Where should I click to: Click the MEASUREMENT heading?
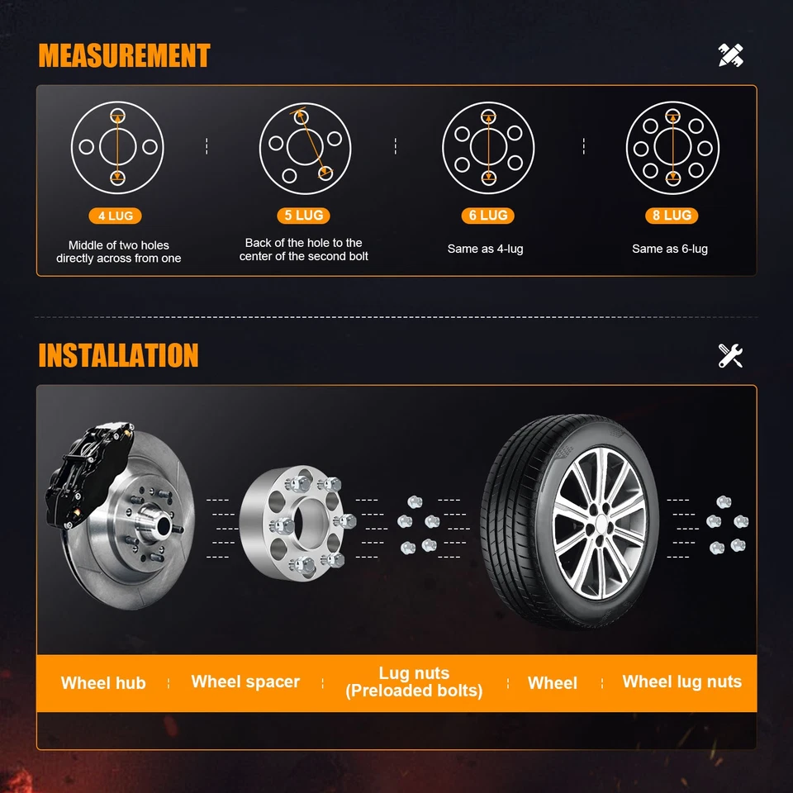(x=124, y=56)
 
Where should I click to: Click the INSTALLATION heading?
(x=118, y=355)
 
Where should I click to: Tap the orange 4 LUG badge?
(x=116, y=216)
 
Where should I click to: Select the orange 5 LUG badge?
(x=304, y=216)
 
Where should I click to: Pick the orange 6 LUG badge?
(x=488, y=216)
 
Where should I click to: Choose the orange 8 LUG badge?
(x=672, y=216)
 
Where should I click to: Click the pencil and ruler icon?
(x=731, y=55)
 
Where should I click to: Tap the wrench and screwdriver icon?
(x=731, y=355)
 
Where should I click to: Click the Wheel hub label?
(x=103, y=683)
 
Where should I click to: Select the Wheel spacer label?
(x=245, y=681)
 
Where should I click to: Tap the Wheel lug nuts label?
(x=681, y=681)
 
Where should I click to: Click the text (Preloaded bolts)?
(x=414, y=691)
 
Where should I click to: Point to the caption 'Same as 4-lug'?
(x=486, y=249)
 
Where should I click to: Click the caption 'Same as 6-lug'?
(x=670, y=249)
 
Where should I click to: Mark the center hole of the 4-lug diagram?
(x=117, y=146)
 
